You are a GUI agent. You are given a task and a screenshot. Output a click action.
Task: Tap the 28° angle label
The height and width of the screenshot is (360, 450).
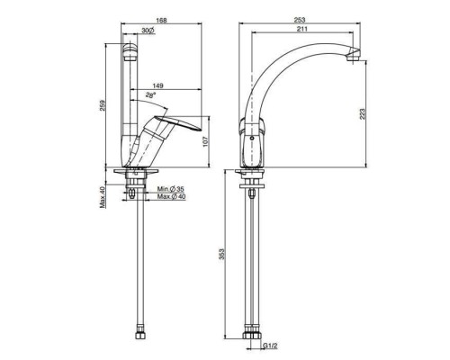click(x=151, y=93)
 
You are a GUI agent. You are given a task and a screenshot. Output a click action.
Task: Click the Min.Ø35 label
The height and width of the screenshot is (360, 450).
click(x=169, y=188)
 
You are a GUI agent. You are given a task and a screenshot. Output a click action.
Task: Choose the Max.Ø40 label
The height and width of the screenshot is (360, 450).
click(x=169, y=197)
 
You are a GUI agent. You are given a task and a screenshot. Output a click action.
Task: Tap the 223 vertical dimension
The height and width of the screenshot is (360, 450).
click(x=364, y=113)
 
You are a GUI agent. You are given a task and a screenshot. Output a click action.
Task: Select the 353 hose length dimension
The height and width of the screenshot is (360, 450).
click(x=223, y=254)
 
